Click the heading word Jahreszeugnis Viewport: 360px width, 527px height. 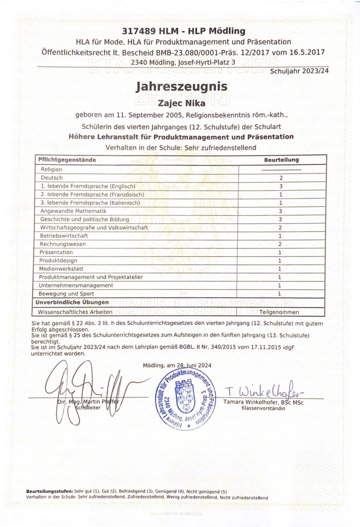click(x=180, y=87)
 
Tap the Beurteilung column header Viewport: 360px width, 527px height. click(x=281, y=160)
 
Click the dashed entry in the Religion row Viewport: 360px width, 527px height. click(x=281, y=169)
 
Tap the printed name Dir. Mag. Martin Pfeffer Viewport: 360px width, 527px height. click(x=81, y=401)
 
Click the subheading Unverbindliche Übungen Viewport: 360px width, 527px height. click(x=66, y=302)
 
